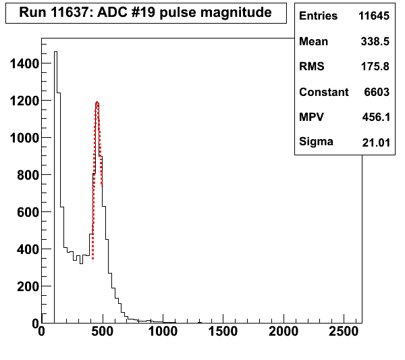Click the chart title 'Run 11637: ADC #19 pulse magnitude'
(x=146, y=13)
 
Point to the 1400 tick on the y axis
(x=22, y=64)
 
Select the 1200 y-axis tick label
(x=22, y=101)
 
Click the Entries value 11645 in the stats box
(x=377, y=16)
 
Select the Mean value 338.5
(x=381, y=42)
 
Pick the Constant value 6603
(x=381, y=92)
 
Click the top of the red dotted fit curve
(x=97, y=103)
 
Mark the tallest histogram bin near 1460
(x=55, y=52)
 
